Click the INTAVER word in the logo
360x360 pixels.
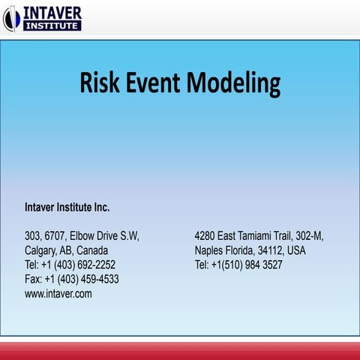pos(53,12)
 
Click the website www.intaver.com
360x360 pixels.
pos(58,294)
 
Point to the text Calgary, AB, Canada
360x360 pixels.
pos(66,250)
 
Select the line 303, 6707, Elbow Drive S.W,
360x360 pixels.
pos(82,235)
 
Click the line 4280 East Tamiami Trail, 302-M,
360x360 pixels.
pos(259,235)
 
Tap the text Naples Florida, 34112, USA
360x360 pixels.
pos(250,250)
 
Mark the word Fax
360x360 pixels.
pos(33,279)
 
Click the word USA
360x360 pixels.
pos(296,250)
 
